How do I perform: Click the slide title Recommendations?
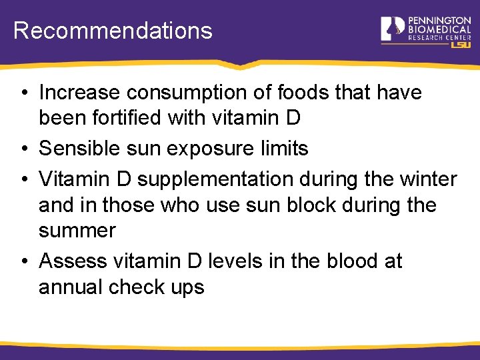pyautogui.click(x=113, y=31)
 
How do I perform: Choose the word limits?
pyautogui.click(x=284, y=148)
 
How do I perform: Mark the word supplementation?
pyautogui.click(x=215, y=179)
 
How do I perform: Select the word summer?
pyautogui.click(x=77, y=231)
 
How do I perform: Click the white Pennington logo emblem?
pyautogui.click(x=392, y=29)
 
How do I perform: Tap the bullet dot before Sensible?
pyautogui.click(x=23, y=149)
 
